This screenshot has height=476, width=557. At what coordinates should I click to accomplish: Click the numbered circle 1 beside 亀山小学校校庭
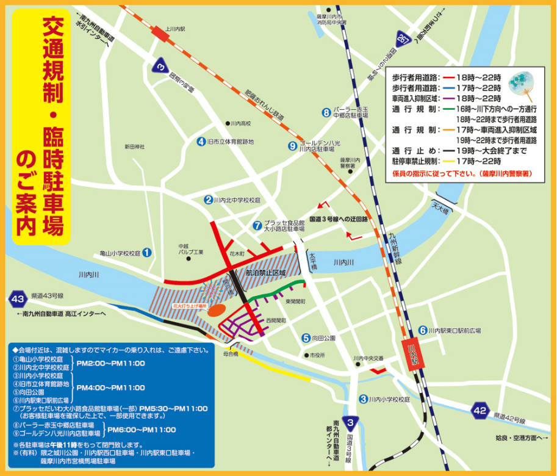[x=146, y=252]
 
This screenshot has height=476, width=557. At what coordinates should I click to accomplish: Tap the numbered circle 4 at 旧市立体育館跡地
[x=201, y=142]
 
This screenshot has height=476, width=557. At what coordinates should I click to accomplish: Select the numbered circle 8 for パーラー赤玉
[x=327, y=112]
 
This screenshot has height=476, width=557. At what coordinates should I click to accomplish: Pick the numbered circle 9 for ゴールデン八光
[x=293, y=145]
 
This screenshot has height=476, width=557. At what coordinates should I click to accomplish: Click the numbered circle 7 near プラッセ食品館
[x=257, y=225]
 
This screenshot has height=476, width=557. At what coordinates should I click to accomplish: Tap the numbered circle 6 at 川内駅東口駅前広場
[x=423, y=330]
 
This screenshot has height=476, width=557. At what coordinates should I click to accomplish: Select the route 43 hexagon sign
[x=18, y=299]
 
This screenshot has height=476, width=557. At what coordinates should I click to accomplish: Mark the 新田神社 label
[x=134, y=146]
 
